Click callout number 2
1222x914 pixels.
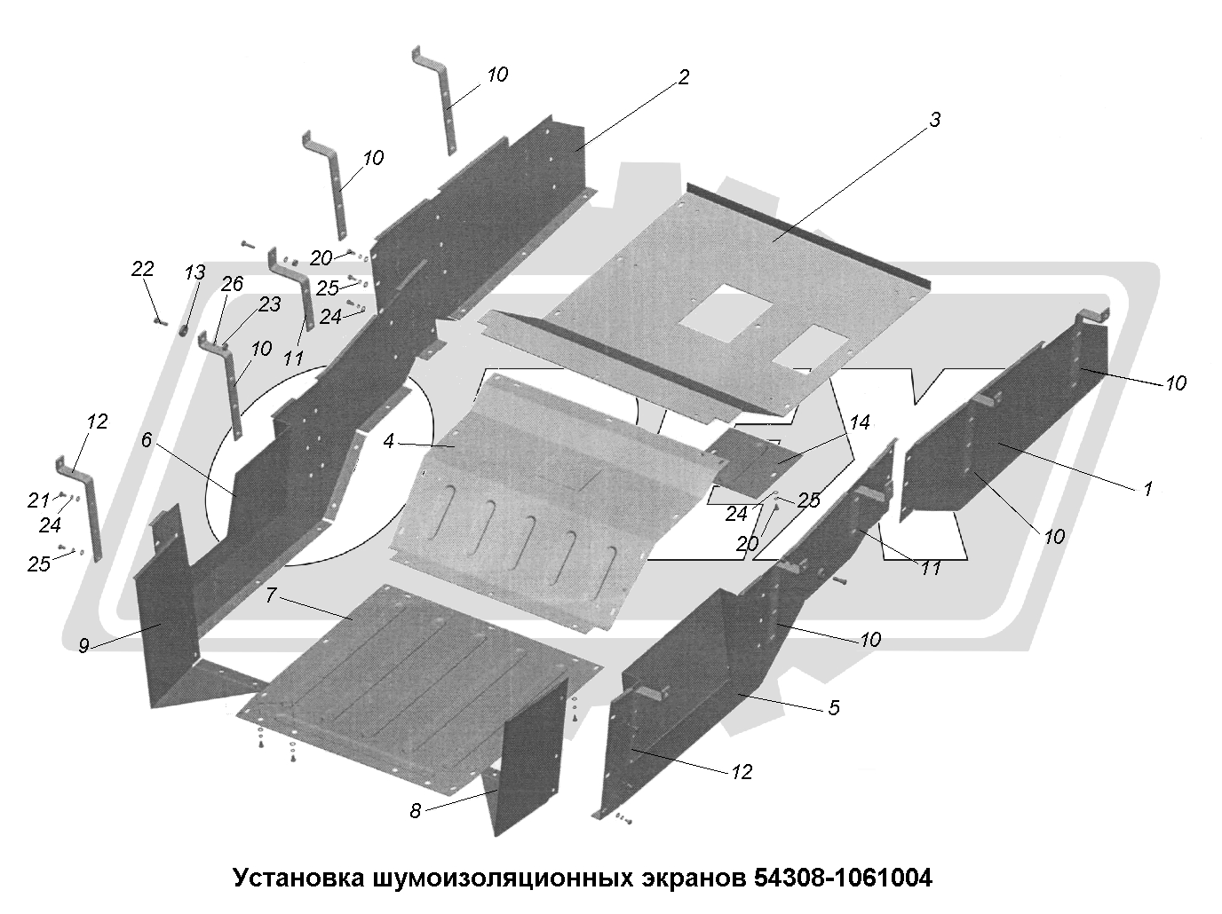682,78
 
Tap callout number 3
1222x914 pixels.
933,121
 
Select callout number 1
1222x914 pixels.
1147,488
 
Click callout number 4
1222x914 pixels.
389,441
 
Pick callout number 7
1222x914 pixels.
272,595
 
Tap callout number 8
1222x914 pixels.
415,810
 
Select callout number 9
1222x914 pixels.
83,646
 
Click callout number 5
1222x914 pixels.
833,708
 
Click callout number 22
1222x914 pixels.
142,269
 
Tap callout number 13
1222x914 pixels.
194,273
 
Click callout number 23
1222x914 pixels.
269,304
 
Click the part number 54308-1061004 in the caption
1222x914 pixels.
843,879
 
